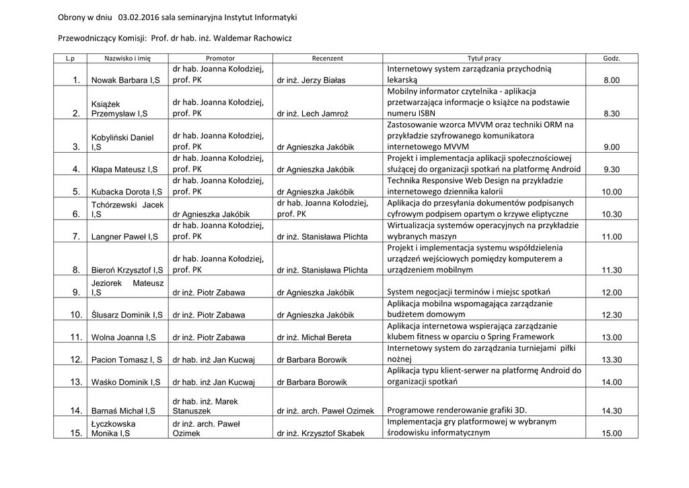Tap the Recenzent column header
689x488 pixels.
[327, 59]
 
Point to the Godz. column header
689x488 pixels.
[612, 59]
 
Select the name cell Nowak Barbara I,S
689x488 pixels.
[125, 81]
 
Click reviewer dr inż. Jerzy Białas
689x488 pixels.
[311, 81]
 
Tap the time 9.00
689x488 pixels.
[612, 147]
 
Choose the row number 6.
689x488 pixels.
[75, 214]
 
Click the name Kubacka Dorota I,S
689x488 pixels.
[125, 192]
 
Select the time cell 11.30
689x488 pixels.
[612, 270]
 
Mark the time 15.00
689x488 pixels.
[612, 433]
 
